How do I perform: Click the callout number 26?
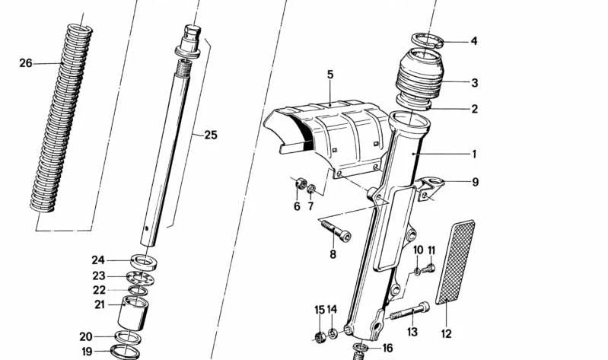[x=26, y=63]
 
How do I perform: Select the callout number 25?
[x=210, y=135]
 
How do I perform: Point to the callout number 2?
[x=474, y=109]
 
